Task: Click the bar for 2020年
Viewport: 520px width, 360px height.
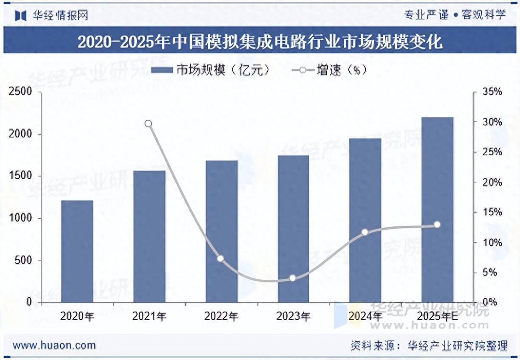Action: (77, 251)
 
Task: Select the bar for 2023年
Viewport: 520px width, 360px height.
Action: (294, 229)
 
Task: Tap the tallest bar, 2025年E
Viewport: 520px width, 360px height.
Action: (438, 210)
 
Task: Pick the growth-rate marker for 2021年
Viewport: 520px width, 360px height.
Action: (148, 124)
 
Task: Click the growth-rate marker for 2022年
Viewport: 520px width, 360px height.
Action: (220, 258)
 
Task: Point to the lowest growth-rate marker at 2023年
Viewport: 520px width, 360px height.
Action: (292, 278)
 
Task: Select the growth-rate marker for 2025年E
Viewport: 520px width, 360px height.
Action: (437, 225)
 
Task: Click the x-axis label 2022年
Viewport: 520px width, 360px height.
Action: (221, 316)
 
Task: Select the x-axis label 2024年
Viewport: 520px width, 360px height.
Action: (365, 316)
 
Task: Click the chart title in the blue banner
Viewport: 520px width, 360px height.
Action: (260, 42)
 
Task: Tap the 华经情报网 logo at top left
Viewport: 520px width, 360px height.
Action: (52, 16)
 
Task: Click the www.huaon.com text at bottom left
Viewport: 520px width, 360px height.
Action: (54, 345)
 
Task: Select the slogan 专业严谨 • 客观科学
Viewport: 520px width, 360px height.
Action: (455, 15)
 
